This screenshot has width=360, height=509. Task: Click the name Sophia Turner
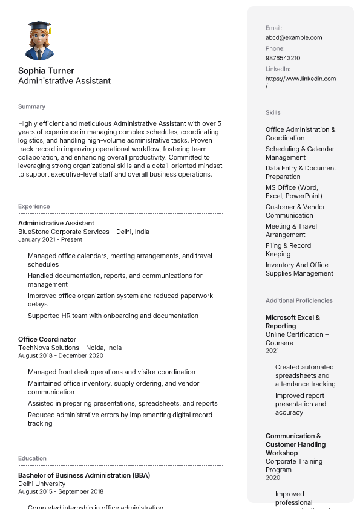coord(46,71)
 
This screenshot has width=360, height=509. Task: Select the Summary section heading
coord(31,106)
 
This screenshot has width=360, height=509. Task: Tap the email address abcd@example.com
coord(293,37)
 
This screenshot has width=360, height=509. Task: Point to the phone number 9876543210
coord(283,58)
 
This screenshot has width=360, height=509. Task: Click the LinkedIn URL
coord(300,82)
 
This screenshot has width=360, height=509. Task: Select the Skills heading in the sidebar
coord(273,112)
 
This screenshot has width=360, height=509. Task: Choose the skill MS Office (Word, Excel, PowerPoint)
coord(293,192)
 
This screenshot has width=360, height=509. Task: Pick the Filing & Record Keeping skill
coord(288,250)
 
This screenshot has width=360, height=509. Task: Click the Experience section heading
coord(34,206)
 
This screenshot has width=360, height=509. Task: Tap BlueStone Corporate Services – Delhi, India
coord(83,232)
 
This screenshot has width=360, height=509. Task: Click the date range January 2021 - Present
coord(50,239)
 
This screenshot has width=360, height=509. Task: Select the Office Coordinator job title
coord(47,339)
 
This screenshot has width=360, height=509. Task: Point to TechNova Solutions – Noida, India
coord(70,348)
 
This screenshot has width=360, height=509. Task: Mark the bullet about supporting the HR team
coord(113,316)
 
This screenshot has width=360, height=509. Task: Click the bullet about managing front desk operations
coord(111,372)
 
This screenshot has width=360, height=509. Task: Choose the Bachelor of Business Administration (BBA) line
coord(84,475)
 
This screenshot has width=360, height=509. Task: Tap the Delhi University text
coord(42,484)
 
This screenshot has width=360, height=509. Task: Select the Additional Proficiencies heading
coord(299,300)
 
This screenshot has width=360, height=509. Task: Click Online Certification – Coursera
coord(297,339)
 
